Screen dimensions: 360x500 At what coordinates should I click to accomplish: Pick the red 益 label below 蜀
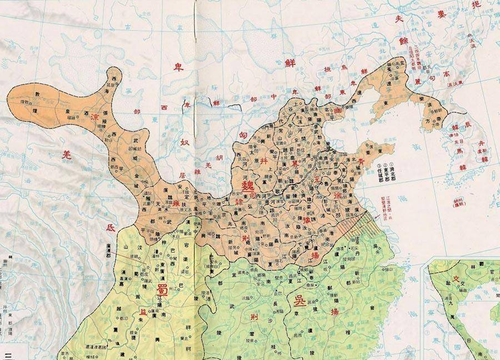click(141, 313)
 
